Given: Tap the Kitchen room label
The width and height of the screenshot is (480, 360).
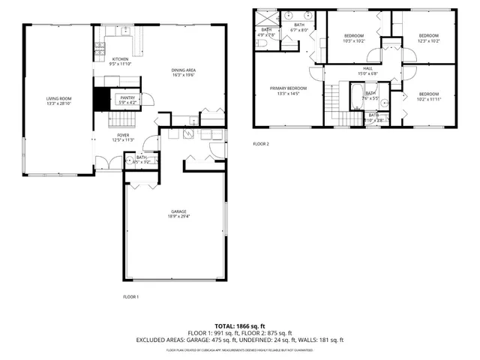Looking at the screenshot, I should [120, 59].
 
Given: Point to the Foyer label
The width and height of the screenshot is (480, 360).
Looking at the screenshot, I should [123, 135].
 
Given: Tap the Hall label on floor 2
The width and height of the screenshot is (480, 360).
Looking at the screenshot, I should [367, 69].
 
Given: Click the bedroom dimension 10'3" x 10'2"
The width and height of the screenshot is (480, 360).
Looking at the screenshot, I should [354, 41].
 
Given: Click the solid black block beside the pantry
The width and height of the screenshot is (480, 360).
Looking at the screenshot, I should [101, 97].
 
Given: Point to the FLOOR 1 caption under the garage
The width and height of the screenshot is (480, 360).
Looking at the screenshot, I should [130, 297].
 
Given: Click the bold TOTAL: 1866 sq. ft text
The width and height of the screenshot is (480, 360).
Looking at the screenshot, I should [240, 326].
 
